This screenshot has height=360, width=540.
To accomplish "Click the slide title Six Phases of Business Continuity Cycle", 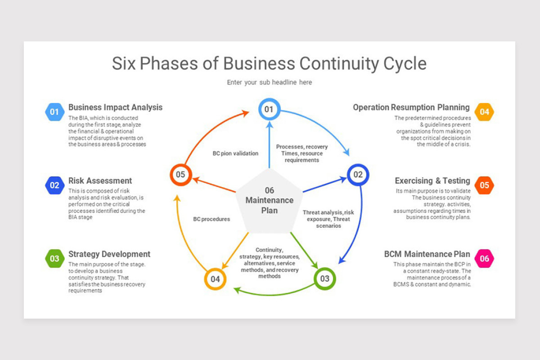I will (269, 63).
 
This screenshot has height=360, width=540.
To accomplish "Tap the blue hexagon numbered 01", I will (54, 112).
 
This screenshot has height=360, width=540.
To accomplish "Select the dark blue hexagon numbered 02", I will (54, 185).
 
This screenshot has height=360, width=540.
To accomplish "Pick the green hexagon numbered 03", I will (54, 258).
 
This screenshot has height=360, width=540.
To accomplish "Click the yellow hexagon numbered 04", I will (484, 112).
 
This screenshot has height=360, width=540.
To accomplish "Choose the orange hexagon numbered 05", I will (484, 185).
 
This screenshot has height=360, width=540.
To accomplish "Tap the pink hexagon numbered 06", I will (484, 258).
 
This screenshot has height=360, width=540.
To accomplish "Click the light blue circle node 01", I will (269, 109).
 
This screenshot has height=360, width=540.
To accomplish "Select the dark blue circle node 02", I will (358, 175).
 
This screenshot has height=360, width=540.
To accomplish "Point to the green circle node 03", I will (324, 279).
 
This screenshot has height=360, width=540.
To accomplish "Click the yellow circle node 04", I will (215, 279).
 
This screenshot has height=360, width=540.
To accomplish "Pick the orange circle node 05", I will (180, 175).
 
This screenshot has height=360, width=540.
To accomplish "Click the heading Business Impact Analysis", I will (115, 108).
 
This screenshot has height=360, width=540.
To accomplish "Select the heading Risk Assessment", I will (100, 181).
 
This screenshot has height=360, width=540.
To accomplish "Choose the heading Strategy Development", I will (109, 254).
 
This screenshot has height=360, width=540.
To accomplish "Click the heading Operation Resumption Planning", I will (411, 108).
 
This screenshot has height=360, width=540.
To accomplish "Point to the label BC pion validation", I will (235, 153).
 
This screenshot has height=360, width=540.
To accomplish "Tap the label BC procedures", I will (211, 219).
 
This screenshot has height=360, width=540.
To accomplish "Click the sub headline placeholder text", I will (269, 82).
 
